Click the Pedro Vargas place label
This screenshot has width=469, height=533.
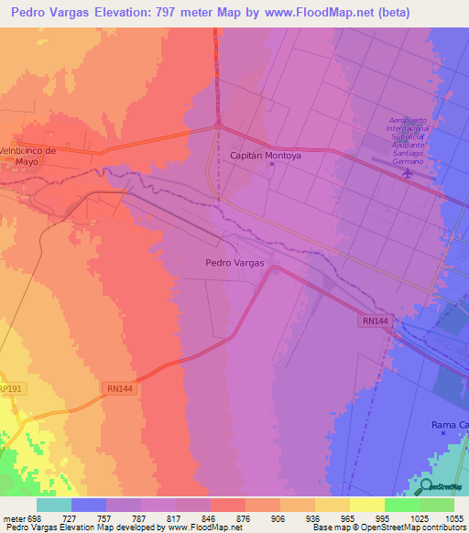pos(234,262)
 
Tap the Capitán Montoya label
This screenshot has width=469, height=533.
pos(270,155)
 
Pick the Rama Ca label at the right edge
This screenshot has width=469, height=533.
pos(449,425)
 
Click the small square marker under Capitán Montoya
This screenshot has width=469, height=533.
pos(270,165)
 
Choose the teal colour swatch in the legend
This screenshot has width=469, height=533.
pos(54,505)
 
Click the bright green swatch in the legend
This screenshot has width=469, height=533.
pos(401,505)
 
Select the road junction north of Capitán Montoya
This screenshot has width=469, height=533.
pos(218,124)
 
